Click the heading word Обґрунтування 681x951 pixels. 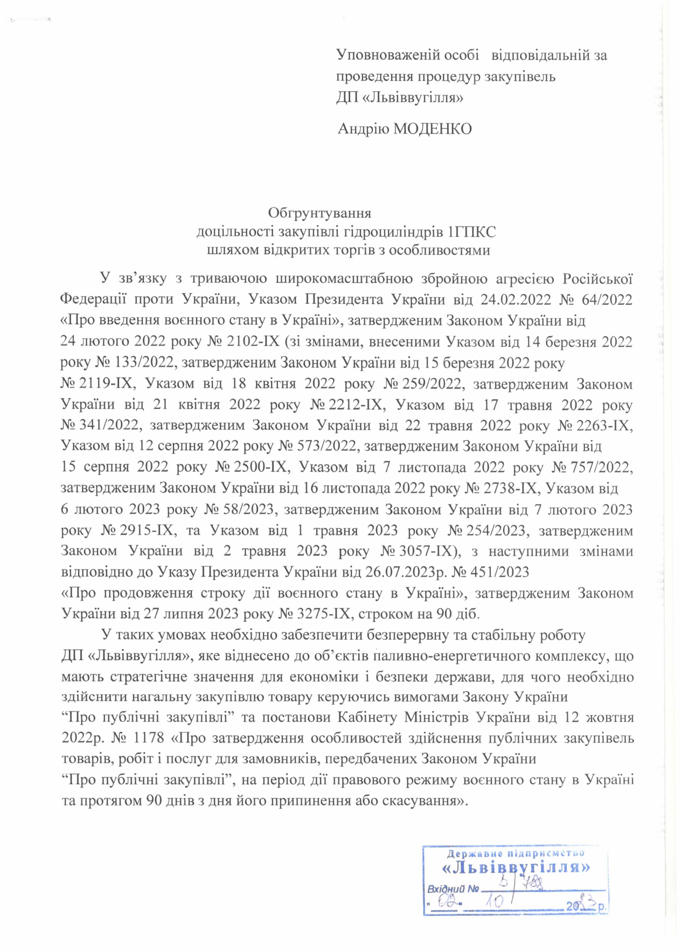(x=319, y=213)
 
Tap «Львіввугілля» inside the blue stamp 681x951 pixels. (x=516, y=867)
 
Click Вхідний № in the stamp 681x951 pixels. (x=453, y=888)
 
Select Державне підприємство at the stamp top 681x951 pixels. (x=516, y=853)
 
